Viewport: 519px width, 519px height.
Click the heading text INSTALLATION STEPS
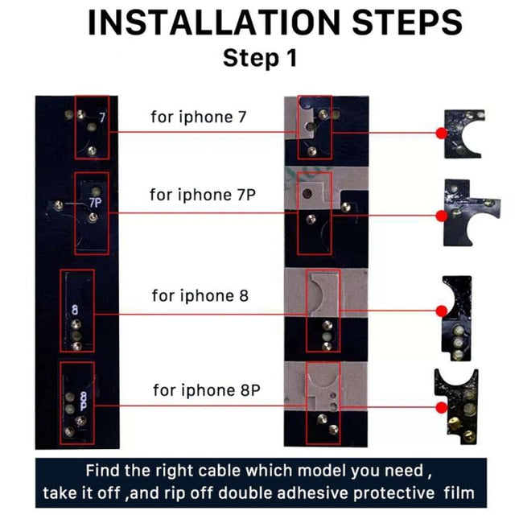pos(274,23)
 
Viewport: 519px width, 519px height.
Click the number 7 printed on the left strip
pos(102,117)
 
